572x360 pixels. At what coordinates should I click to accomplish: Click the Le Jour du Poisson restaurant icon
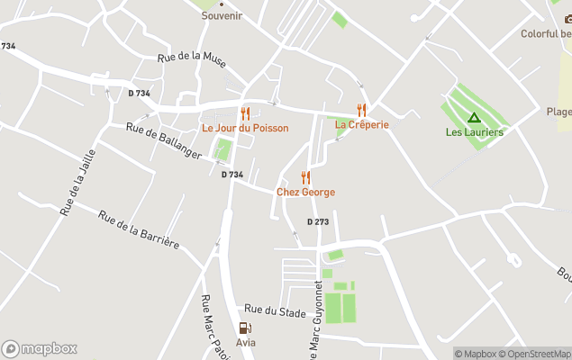[x=245, y=114]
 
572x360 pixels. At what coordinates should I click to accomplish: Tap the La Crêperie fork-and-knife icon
[x=361, y=111]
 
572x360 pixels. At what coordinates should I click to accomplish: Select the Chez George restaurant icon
[x=305, y=177]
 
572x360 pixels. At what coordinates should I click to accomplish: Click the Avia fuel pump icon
[x=245, y=328]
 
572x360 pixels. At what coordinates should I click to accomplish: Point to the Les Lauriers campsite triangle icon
[x=474, y=118]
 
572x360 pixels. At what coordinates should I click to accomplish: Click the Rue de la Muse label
[x=191, y=58]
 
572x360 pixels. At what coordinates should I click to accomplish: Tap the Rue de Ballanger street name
[x=164, y=143]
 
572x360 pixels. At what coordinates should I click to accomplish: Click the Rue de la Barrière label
[x=139, y=230]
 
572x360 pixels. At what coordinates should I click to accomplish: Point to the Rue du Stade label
[x=275, y=311]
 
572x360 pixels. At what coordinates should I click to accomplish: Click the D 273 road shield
[x=317, y=221]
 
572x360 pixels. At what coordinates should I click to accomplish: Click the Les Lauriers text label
[x=474, y=132]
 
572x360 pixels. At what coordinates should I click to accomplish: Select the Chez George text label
[x=305, y=192]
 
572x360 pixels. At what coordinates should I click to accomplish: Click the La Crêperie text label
[x=362, y=125]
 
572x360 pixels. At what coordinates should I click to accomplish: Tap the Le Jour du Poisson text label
[x=245, y=129]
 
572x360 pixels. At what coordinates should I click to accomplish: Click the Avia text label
[x=245, y=343]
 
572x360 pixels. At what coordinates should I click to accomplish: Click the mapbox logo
[x=40, y=348]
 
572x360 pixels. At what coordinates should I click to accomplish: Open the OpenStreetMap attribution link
[x=536, y=354]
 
